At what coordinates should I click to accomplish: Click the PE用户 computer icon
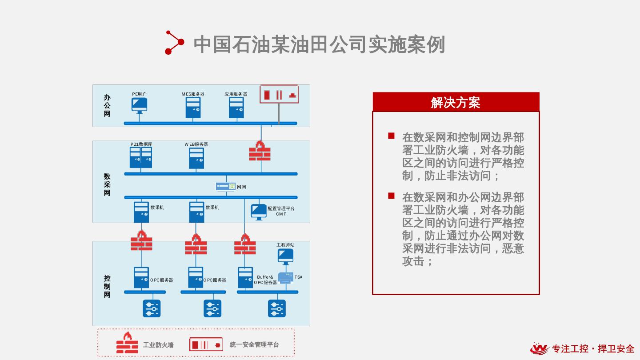pos(139,105)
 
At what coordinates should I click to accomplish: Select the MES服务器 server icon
pos(193,108)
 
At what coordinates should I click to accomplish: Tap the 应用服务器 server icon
pos(236,108)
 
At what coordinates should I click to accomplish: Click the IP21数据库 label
pos(141,144)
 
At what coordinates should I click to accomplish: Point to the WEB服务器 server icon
pos(196,158)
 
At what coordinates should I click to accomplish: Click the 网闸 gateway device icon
pos(226,187)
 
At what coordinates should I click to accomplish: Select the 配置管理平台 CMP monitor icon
pos(259,211)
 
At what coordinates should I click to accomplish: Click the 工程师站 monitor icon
pos(285,256)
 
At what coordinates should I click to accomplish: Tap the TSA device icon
pos(286,278)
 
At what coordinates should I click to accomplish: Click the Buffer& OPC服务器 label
pos(265,280)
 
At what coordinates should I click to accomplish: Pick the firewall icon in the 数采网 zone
pos(260,151)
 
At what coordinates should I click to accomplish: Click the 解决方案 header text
pos(456,103)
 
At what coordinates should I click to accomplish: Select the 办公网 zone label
pos(107,106)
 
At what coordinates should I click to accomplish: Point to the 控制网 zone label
pos(107,287)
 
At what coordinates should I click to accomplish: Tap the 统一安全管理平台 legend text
pos(254,344)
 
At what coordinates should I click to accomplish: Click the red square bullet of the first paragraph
pos(391,136)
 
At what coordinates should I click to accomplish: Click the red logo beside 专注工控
pos(540,349)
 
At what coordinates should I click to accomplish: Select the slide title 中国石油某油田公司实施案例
pos(319,44)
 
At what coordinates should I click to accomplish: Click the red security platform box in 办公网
pos(279,94)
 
